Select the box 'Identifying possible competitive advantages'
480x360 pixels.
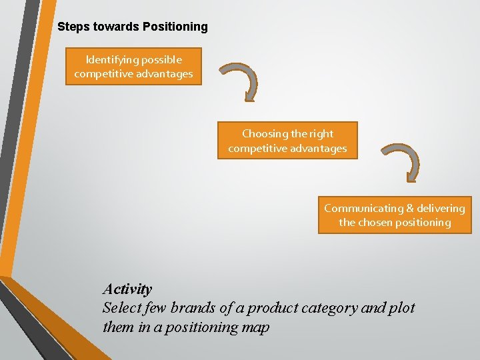133,67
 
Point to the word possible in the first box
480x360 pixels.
159,60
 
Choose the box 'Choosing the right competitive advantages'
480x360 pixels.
287,141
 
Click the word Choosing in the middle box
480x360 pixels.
263,133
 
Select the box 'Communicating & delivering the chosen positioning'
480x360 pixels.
395,215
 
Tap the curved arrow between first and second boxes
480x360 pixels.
243,81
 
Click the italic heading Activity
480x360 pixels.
127,289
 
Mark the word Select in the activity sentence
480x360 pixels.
121,308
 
